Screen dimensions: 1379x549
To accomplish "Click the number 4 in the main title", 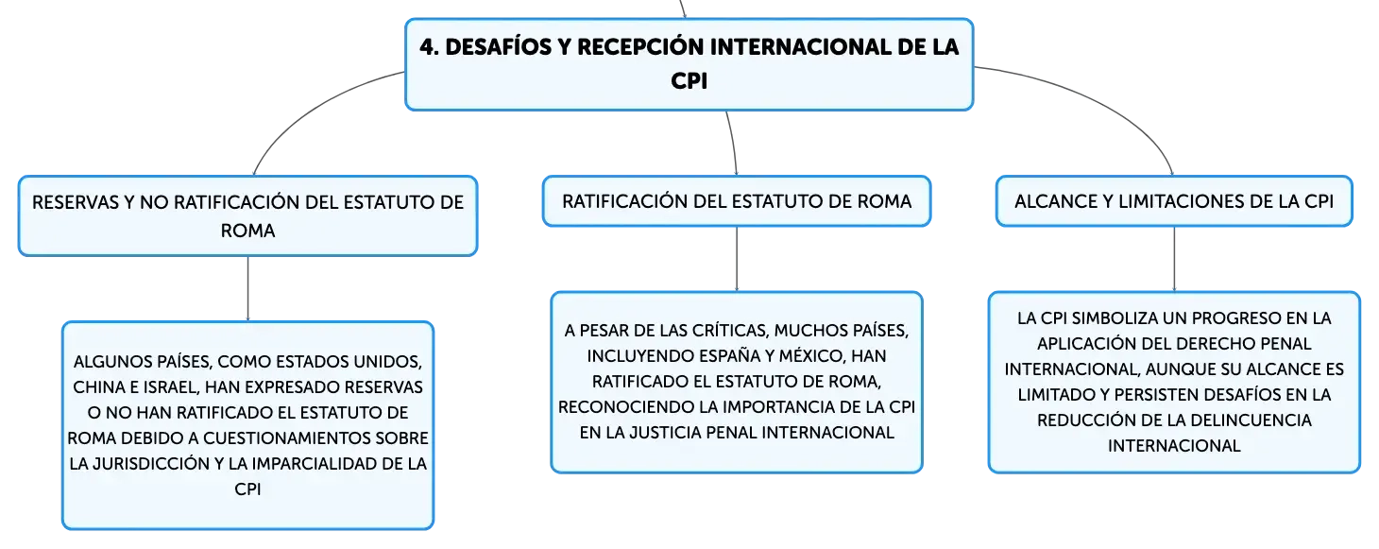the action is pos(429,47).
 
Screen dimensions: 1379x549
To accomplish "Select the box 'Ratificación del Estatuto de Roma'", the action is pos(737,201).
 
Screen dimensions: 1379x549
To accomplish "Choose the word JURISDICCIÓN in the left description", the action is pos(151,463).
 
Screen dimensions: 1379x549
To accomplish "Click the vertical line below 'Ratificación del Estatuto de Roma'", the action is pos(737,259).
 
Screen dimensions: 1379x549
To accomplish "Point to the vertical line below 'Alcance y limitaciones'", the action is pos(1174,259).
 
